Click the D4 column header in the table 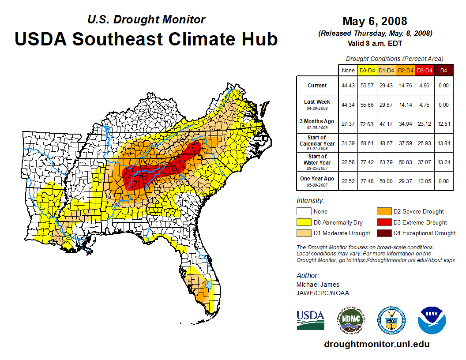(443, 70)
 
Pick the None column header (348, 70)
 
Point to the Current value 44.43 (348, 86)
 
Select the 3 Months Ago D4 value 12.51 (443, 124)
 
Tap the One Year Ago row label (317, 179)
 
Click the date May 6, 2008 (375, 21)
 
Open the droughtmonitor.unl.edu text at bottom (376, 344)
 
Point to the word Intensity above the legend (310, 201)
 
